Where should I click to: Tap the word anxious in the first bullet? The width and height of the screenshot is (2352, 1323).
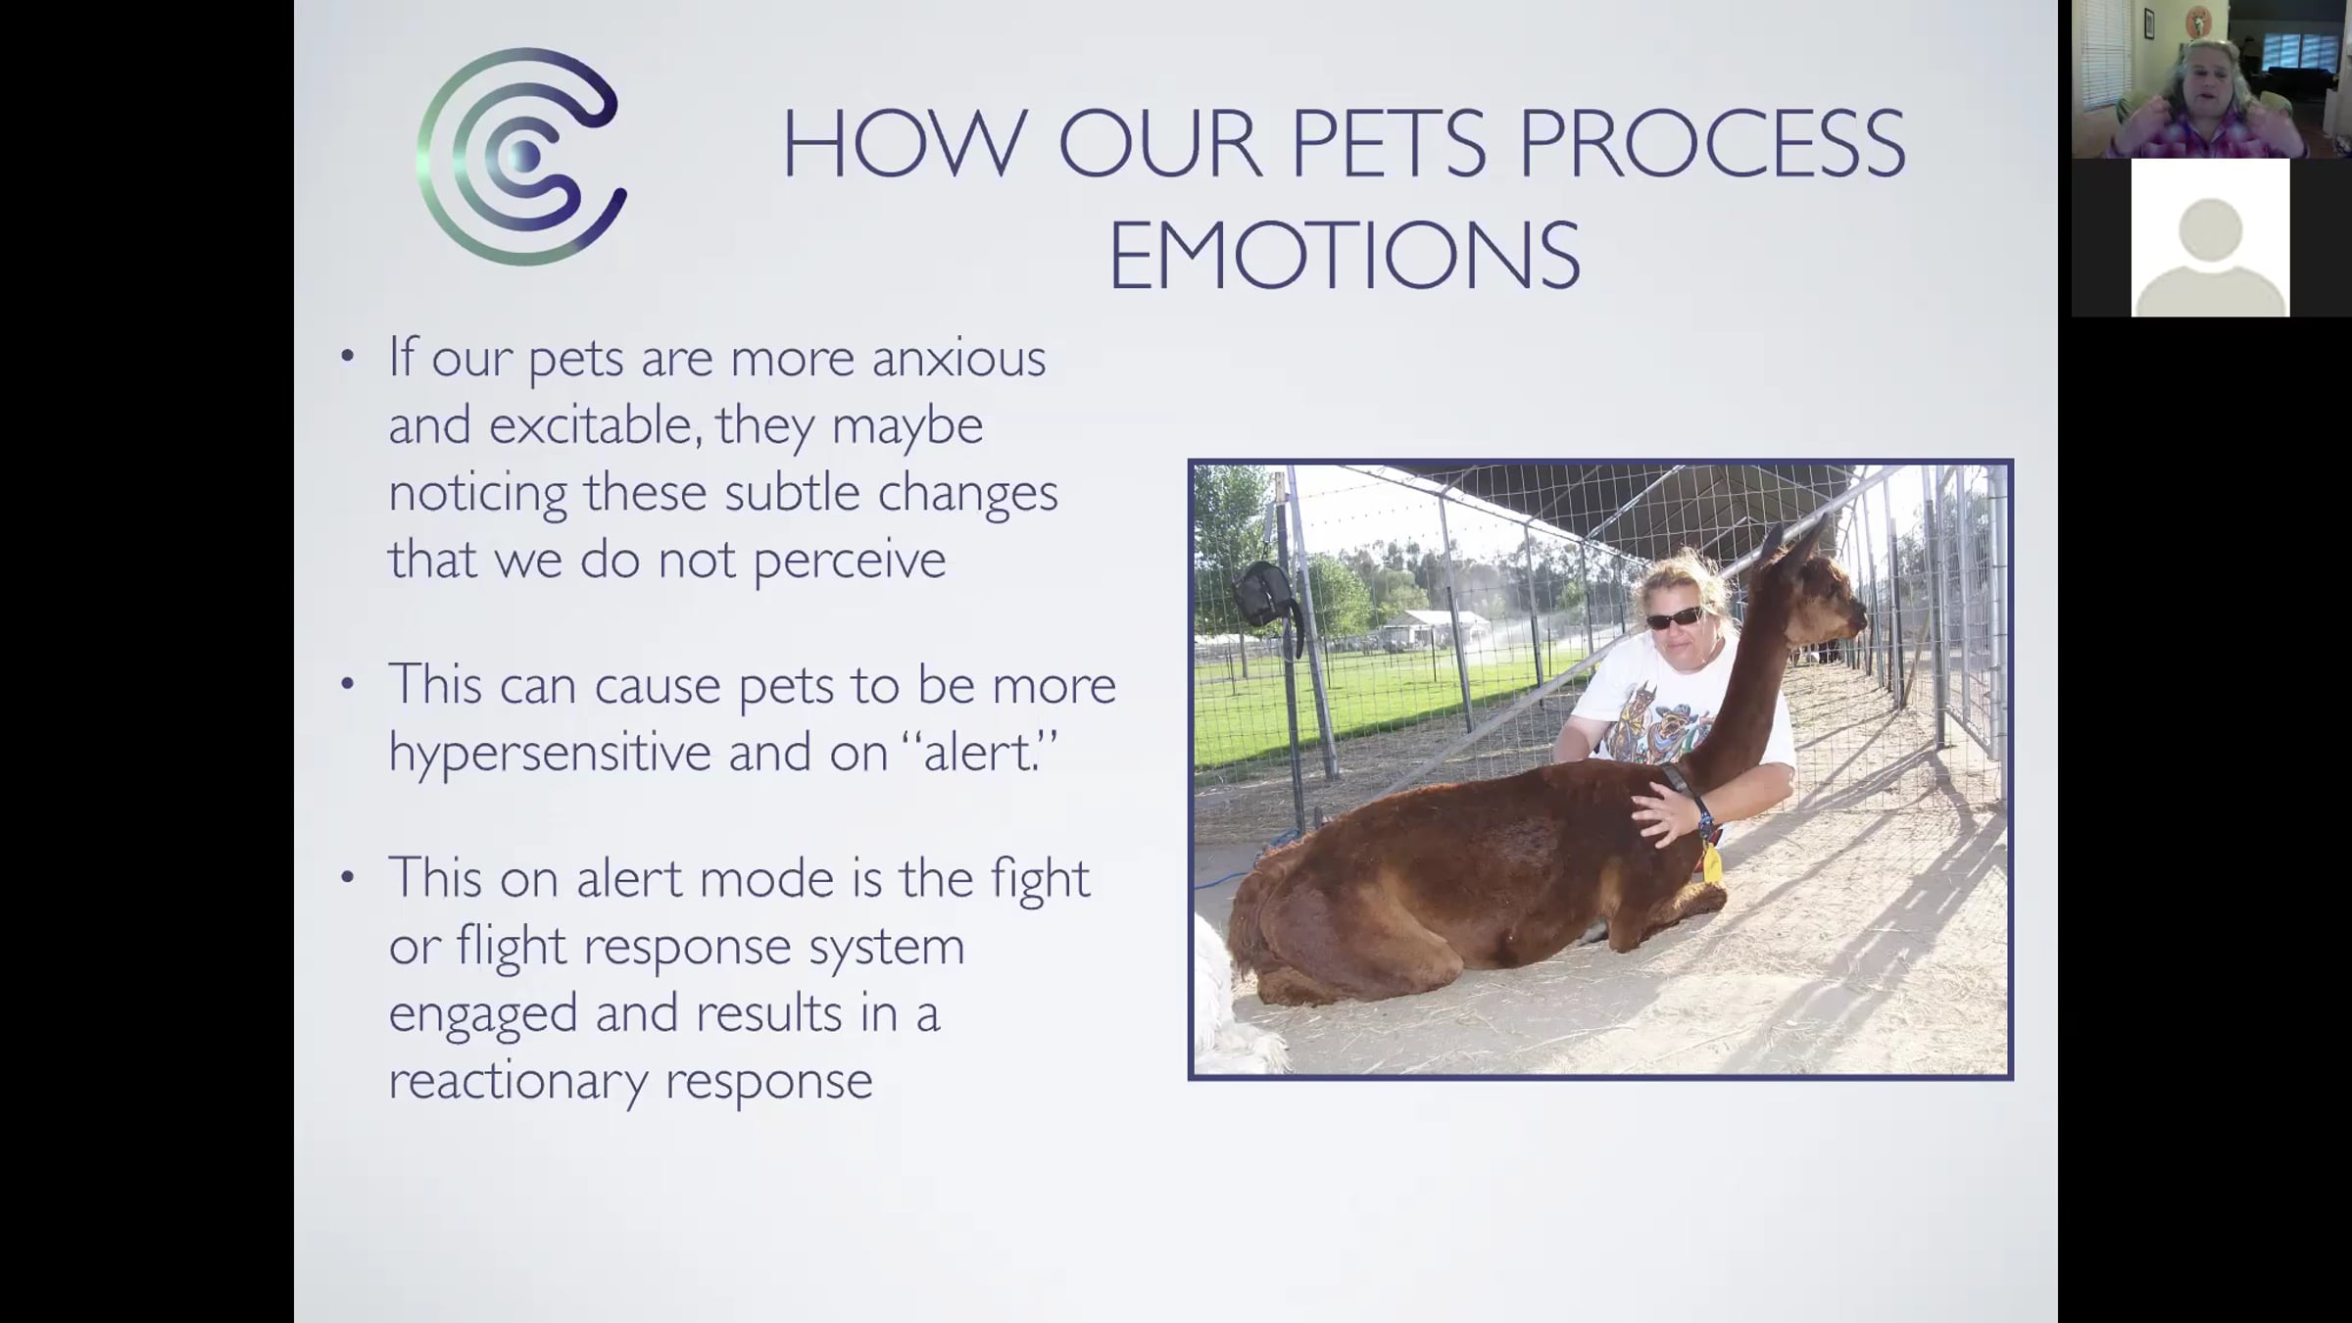click(x=959, y=359)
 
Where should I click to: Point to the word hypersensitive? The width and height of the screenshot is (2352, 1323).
click(x=549, y=754)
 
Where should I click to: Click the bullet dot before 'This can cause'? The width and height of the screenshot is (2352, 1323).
click(x=347, y=684)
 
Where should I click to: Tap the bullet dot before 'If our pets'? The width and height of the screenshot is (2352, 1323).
click(x=347, y=356)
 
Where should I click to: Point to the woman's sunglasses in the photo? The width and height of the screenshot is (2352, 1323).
click(x=1675, y=618)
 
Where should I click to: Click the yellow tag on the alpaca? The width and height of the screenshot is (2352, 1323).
click(x=1712, y=863)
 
